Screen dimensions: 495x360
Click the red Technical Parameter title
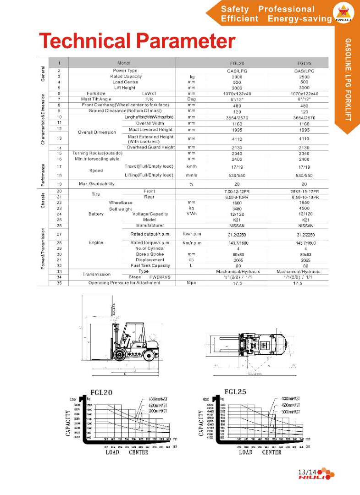[x=137, y=41]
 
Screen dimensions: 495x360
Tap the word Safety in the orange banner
[x=234, y=9]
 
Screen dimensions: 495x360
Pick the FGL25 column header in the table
[x=304, y=63]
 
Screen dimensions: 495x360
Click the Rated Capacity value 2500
[x=304, y=77]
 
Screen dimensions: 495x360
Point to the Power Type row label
[x=125, y=71]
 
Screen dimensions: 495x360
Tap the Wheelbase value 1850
[x=304, y=203]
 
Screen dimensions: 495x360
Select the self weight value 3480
[x=237, y=209]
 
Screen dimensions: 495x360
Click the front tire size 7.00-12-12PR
[x=237, y=191]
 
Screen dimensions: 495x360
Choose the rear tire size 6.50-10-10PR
[x=304, y=197]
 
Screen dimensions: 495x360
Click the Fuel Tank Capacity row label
[x=150, y=266]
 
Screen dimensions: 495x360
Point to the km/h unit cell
[x=192, y=166]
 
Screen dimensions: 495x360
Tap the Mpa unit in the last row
[x=192, y=283]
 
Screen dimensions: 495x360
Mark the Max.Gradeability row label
[x=97, y=184]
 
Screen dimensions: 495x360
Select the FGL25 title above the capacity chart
[x=235, y=391]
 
